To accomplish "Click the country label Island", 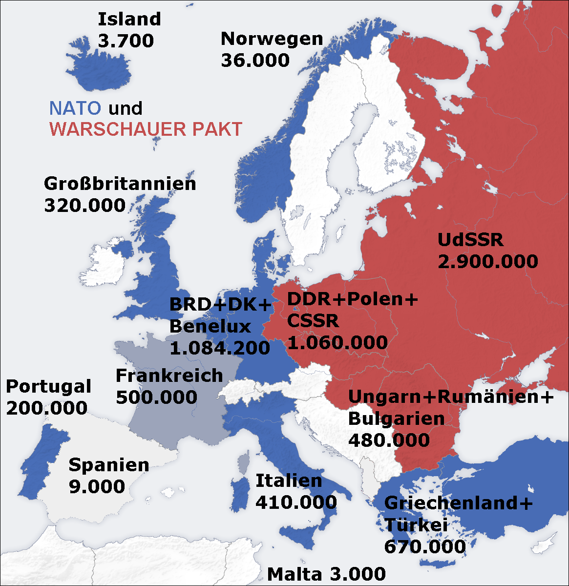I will pyautogui.click(x=129, y=20).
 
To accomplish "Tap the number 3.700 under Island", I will pyautogui.click(x=126, y=41).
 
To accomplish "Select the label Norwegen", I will pyautogui.click(x=272, y=39).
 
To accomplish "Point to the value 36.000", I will pyautogui.click(x=255, y=61).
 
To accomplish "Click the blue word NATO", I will pyautogui.click(x=75, y=108).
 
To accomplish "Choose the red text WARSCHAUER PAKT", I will pyautogui.click(x=146, y=129).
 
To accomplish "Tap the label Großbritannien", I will pyautogui.click(x=120, y=184).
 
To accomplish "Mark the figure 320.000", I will pyautogui.click(x=84, y=206).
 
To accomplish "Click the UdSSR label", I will pyautogui.click(x=470, y=240).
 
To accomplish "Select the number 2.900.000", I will pyautogui.click(x=487, y=262).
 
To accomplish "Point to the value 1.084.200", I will pyautogui.click(x=219, y=348).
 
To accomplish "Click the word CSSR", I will pyautogui.click(x=313, y=321).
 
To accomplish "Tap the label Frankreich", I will pyautogui.click(x=169, y=376).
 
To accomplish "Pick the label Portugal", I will pyautogui.click(x=48, y=386).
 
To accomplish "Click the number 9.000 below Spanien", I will pyautogui.click(x=97, y=486).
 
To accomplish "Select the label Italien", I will pyautogui.click(x=289, y=481).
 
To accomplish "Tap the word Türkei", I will pyautogui.click(x=416, y=525).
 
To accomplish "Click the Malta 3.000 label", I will pyautogui.click(x=326, y=574).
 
